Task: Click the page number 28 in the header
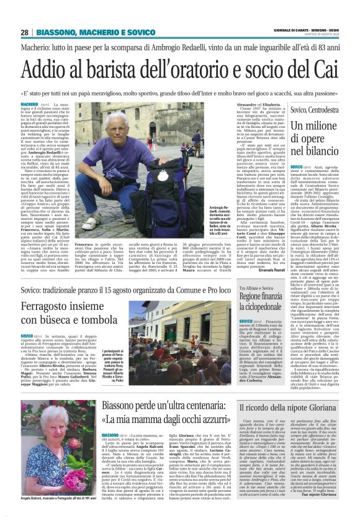coord(24,32)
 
